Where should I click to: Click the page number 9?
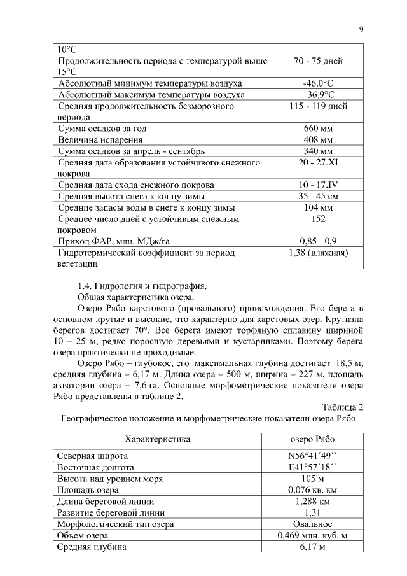coord(361,29)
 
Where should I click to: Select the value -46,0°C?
coord(318,83)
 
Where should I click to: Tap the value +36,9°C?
coord(318,95)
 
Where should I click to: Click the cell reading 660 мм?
coord(318,129)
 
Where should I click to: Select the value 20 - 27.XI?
coord(318,163)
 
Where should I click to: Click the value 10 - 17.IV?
coord(318,185)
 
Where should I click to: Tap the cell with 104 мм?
coord(318,208)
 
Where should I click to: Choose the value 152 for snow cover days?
coord(318,219)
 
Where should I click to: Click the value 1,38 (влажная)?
coord(318,253)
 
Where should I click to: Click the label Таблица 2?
coord(342,407)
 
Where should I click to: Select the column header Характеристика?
coord(158,439)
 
